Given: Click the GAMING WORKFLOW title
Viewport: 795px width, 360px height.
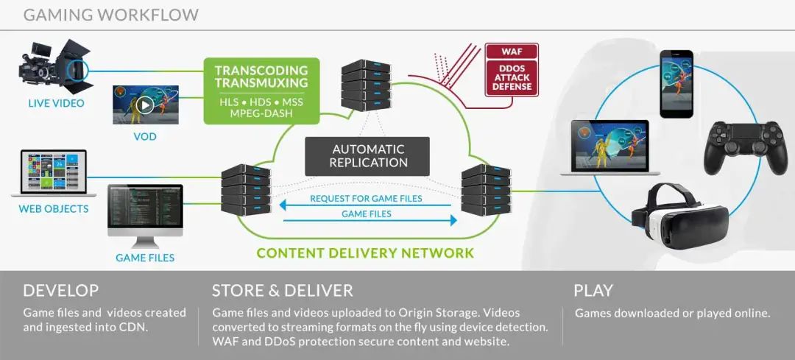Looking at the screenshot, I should (x=110, y=14).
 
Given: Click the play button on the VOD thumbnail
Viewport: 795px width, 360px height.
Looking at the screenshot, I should (x=145, y=105).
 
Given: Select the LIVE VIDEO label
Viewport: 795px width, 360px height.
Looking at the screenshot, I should (x=56, y=103).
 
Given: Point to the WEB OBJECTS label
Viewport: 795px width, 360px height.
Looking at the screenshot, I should (x=53, y=208).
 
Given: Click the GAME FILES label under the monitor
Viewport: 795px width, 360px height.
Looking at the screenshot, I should (x=145, y=258).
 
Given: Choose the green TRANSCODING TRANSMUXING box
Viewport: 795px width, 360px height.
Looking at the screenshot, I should (x=261, y=91).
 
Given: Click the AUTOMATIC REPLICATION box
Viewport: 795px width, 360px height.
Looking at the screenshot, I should (x=368, y=155).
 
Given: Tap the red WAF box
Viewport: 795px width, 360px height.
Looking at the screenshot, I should (x=512, y=52).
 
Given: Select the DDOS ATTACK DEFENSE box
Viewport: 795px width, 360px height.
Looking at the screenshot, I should (x=512, y=77).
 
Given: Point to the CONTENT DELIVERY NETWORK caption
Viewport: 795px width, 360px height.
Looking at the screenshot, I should (x=365, y=253).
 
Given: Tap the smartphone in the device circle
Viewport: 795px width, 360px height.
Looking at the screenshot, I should (x=676, y=83).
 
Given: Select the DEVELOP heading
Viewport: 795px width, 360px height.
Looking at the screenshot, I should (x=61, y=290).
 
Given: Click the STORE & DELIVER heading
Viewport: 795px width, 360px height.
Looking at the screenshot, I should (x=283, y=290).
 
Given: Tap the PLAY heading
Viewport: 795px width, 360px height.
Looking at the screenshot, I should (x=593, y=290).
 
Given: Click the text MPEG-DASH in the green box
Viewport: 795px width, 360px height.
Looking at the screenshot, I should (x=261, y=113).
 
